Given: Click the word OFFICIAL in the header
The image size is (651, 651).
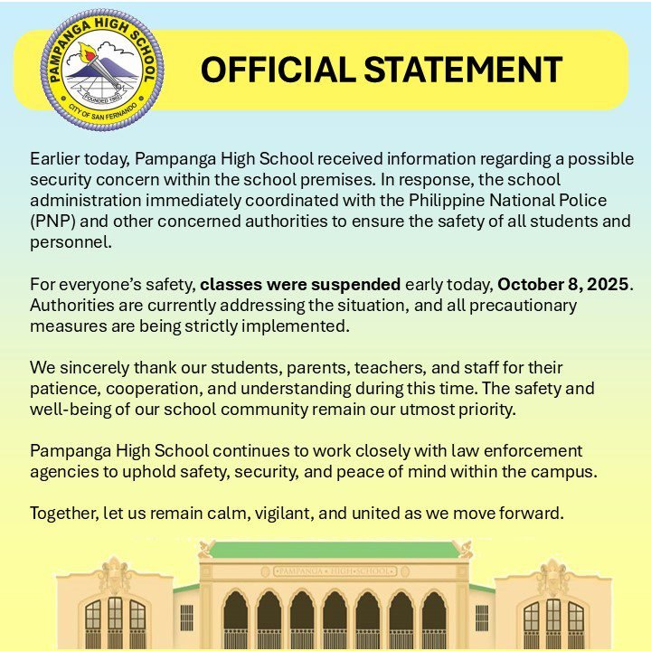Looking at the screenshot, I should coord(272,70).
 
